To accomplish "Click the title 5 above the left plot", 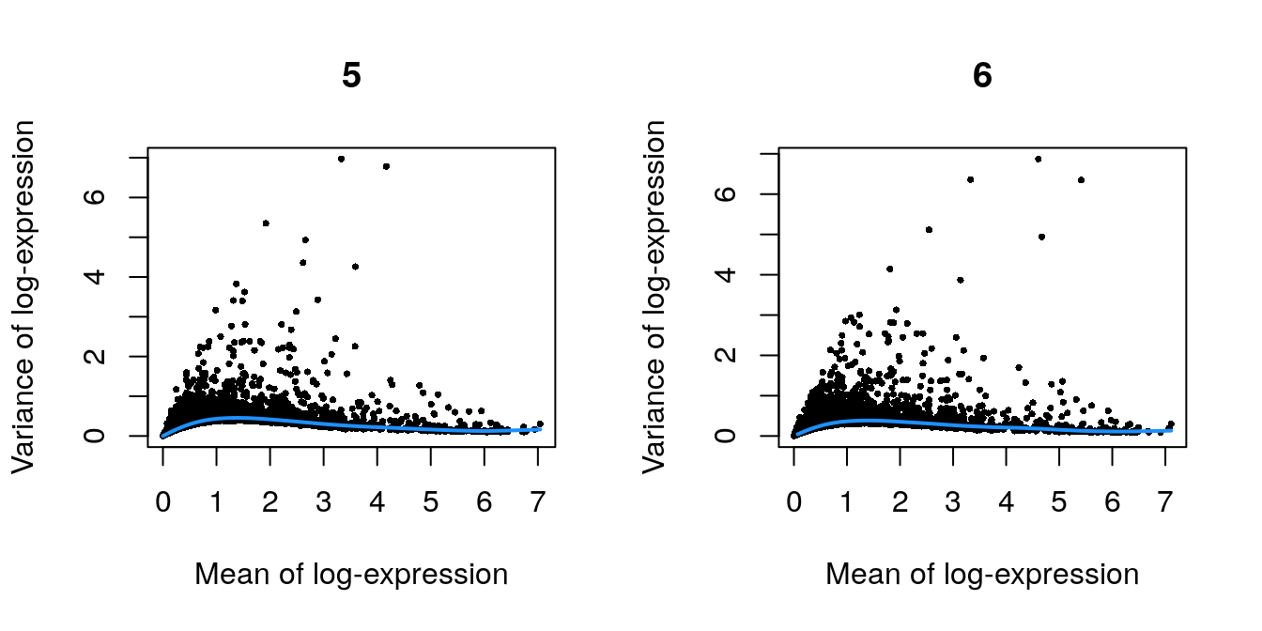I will tap(351, 76).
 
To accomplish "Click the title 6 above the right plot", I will tap(982, 76).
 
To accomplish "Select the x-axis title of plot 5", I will tap(351, 575).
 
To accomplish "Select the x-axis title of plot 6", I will tap(982, 575).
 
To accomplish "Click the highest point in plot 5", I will tap(341, 159).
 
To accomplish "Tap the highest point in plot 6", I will tap(1038, 159).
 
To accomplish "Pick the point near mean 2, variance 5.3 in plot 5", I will tap(266, 223).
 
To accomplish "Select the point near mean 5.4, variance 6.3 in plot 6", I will tap(1081, 179).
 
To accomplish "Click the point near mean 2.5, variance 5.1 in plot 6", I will tap(929, 229).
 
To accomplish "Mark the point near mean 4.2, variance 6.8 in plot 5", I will tap(386, 166).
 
